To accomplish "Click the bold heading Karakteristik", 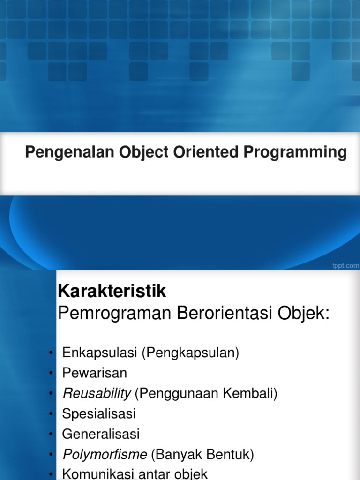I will tap(112, 292).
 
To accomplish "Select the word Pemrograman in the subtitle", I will tap(114, 314).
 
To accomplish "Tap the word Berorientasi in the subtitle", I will tap(224, 314).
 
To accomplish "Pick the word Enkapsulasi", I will tap(100, 353).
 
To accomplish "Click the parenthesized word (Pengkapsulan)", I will tap(190, 353).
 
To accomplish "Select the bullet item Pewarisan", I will tap(95, 373).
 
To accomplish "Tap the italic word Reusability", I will tap(97, 394).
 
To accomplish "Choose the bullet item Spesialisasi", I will tap(99, 414).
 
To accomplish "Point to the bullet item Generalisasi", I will tap(101, 434).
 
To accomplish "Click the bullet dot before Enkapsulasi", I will tap(50, 353).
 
